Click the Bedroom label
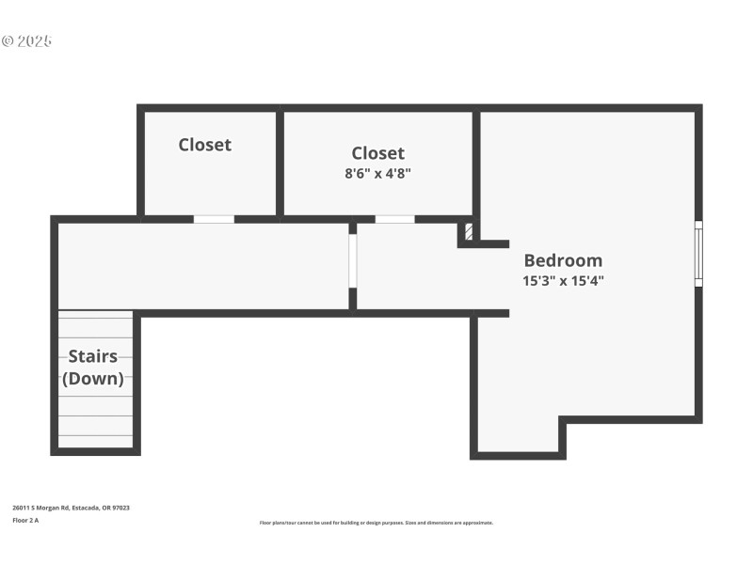click(563, 260)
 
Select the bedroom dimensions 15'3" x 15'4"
click(563, 280)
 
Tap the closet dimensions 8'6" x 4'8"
click(377, 173)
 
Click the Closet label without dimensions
click(205, 144)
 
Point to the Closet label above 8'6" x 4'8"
click(377, 152)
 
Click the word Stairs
click(92, 356)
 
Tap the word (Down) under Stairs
click(92, 379)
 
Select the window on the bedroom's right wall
click(697, 253)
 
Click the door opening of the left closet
click(214, 219)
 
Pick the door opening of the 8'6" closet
click(394, 219)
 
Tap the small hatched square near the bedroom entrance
click(468, 231)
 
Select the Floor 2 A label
click(25, 520)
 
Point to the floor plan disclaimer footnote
click(376, 523)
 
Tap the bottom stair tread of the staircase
click(95, 441)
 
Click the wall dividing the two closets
click(280, 162)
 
